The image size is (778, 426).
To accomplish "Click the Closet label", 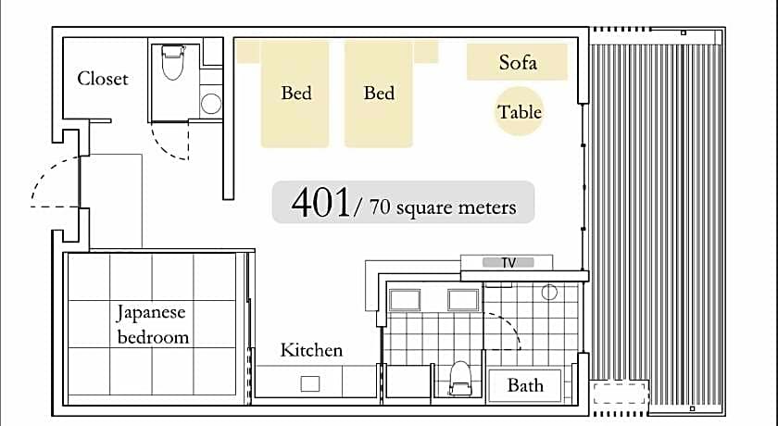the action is tap(103, 79).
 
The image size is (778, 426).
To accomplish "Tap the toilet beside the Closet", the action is tap(172, 62).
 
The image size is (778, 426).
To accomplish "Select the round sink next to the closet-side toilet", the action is tap(211, 104).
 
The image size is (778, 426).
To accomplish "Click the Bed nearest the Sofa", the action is tap(379, 94).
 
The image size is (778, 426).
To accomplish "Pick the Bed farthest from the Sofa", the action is tap(295, 94).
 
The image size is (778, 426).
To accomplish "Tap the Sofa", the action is tap(517, 61).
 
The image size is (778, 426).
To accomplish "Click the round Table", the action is tap(519, 111).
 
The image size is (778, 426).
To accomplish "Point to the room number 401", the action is tap(320, 202).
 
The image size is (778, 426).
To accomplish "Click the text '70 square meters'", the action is tap(443, 207).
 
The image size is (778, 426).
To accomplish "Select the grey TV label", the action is tap(508, 262).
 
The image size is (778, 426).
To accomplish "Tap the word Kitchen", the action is tap(311, 350).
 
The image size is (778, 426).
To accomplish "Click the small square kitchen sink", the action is tap(309, 383).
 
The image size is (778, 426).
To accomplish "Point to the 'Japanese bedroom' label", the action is tap(153, 324).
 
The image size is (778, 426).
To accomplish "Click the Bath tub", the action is tap(525, 385).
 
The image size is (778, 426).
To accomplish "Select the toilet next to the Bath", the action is tap(459, 378).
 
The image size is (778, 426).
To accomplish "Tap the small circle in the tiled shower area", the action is tap(549, 293).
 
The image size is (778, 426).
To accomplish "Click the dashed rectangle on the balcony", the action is tap(619, 393).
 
